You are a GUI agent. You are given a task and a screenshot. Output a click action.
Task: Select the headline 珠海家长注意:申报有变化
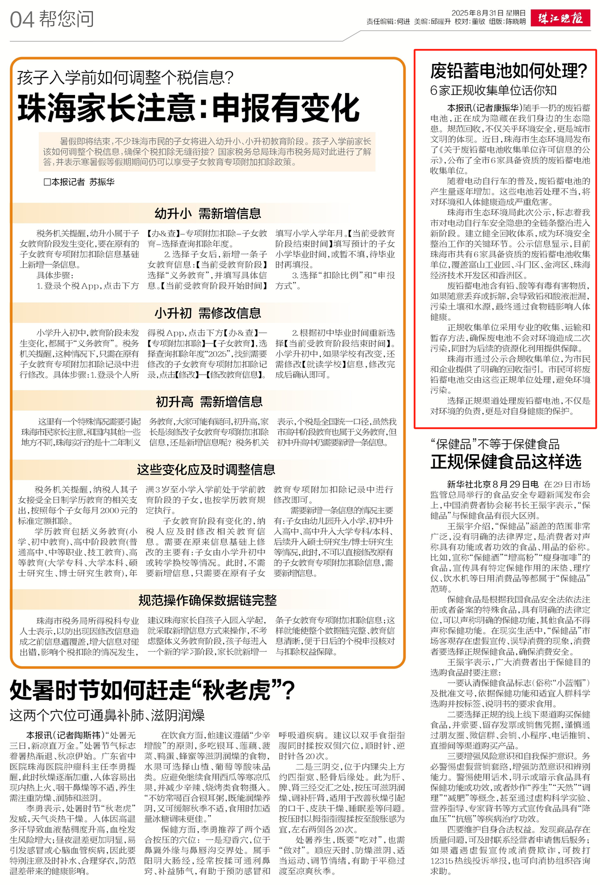click(x=188, y=107)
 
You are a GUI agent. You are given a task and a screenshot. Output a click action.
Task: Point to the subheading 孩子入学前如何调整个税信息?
click(x=125, y=77)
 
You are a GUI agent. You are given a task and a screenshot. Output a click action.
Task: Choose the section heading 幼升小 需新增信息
click(x=207, y=213)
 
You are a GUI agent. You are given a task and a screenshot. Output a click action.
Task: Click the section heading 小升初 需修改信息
click(x=207, y=313)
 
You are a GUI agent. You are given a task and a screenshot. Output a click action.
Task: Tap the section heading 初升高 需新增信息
click(x=209, y=402)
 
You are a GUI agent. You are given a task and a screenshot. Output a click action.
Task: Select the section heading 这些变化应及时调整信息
click(x=206, y=470)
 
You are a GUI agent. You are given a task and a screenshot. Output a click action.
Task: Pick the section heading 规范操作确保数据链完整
click(x=207, y=600)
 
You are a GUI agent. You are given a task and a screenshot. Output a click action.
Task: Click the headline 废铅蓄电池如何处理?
click(x=508, y=71)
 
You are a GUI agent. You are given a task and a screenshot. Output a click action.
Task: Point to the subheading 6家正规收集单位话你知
click(x=493, y=90)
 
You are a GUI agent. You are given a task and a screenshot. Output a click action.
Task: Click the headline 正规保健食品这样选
click(x=506, y=461)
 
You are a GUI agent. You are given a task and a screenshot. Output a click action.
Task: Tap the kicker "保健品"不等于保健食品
click(x=495, y=444)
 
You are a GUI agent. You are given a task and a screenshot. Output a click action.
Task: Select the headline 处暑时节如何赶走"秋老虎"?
click(x=152, y=691)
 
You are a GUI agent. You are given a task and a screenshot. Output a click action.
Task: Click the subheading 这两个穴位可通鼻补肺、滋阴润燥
click(x=107, y=715)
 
